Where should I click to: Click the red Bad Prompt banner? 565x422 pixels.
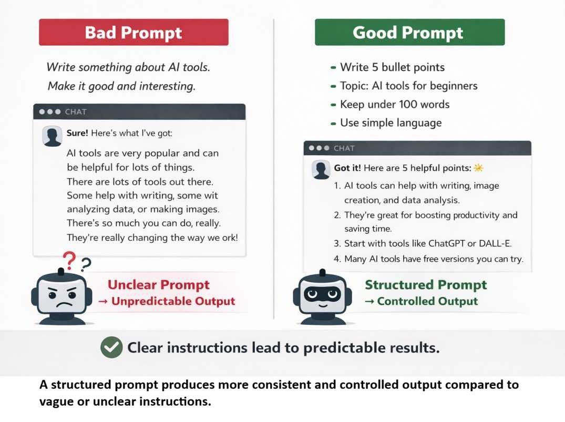coord(133,32)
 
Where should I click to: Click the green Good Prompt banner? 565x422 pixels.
coord(410,32)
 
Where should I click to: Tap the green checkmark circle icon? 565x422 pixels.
coord(111,347)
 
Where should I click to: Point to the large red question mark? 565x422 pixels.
coord(69,260)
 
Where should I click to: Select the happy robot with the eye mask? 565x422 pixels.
coord(323,297)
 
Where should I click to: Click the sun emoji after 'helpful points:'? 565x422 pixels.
coord(478,168)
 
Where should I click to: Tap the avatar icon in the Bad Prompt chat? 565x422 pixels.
coord(52,136)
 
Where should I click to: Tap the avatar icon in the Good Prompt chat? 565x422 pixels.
coord(321,169)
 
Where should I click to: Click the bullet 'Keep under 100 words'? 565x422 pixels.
coord(390,105)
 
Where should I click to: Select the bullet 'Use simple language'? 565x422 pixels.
coord(386,123)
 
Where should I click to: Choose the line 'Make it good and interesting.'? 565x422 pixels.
coord(122,86)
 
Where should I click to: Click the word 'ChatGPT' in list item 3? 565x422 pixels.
coord(444,243)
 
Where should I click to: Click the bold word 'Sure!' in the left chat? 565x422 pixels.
coord(77,133)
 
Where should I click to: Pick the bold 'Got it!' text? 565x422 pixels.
coord(347,168)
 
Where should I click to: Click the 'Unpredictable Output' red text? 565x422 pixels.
coord(173,301)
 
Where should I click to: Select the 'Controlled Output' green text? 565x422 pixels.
coord(427,301)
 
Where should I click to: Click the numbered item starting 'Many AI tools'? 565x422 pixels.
coord(428,259)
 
